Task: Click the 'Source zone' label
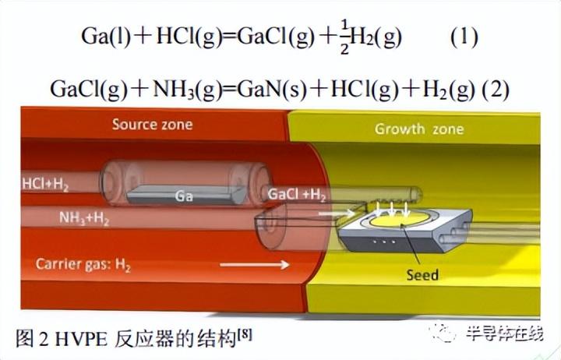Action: (x=152, y=125)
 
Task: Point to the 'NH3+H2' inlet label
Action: (x=84, y=219)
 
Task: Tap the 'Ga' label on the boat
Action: (x=184, y=196)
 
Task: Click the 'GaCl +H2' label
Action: (x=298, y=193)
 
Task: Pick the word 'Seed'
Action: (x=422, y=274)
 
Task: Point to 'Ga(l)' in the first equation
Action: (x=102, y=38)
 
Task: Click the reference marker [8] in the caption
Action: (x=243, y=334)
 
